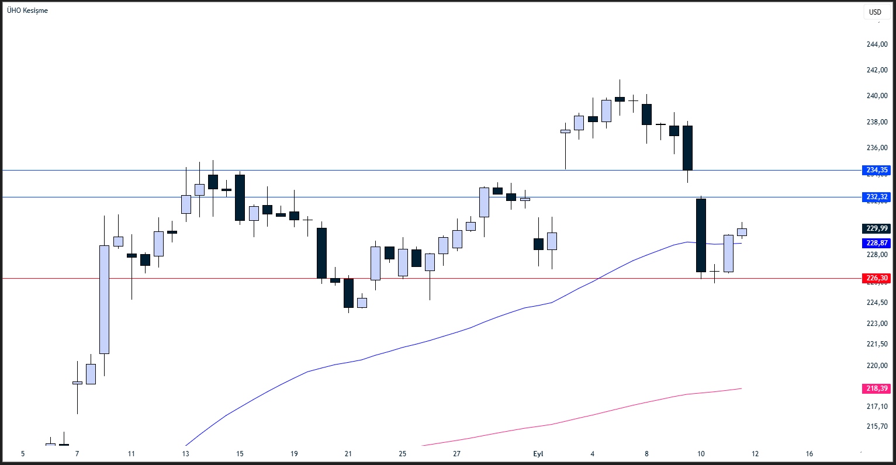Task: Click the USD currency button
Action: [x=875, y=12]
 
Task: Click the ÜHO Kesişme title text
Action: [x=27, y=11]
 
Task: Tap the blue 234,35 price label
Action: [x=876, y=170]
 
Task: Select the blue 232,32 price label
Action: [x=876, y=197]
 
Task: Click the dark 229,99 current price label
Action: [x=876, y=228]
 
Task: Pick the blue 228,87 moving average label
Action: [x=876, y=242]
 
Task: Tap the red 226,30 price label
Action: [x=876, y=278]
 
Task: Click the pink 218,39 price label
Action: [x=876, y=388]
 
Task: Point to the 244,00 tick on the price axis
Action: [x=877, y=44]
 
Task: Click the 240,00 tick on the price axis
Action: [x=877, y=96]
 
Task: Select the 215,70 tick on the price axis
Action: [x=877, y=426]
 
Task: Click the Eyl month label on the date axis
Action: [x=538, y=454]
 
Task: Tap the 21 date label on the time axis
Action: [x=348, y=454]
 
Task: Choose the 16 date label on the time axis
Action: [x=809, y=454]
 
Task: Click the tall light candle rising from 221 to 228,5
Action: [x=104, y=299]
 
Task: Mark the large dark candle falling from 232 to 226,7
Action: [x=701, y=235]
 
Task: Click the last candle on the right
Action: [x=742, y=232]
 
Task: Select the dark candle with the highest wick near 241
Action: [x=620, y=99]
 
